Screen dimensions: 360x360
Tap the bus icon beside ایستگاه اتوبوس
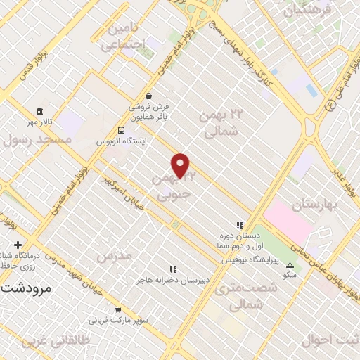pyautogui.click(x=122, y=130)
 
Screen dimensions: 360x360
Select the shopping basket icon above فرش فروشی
pyautogui.click(x=148, y=96)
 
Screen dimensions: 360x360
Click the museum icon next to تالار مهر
pyautogui.click(x=39, y=112)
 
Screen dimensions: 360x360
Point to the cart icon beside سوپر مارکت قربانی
pyautogui.click(x=117, y=309)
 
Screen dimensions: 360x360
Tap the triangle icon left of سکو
pyautogui.click(x=290, y=265)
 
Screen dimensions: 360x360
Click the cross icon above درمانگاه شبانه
pyautogui.click(x=18, y=244)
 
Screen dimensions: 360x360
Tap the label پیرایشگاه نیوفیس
pyautogui.click(x=252, y=259)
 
